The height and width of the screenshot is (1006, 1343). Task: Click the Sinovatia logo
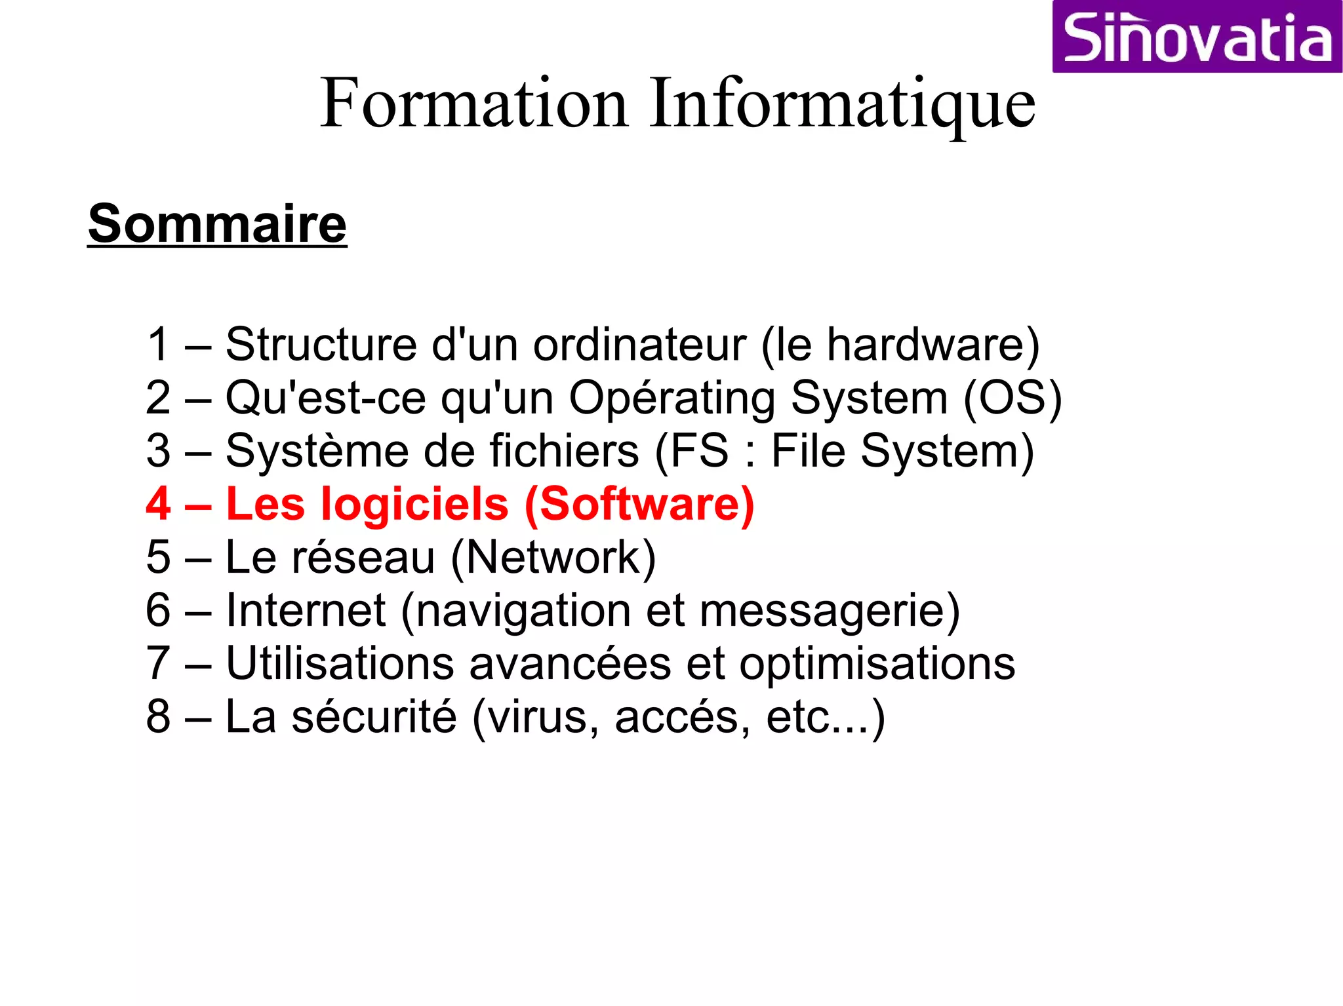1197,37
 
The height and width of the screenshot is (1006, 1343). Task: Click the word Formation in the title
474,104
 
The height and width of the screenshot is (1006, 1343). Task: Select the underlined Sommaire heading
217,224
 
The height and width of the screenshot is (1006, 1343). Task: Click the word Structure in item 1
321,345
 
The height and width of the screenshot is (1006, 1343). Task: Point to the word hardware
925,345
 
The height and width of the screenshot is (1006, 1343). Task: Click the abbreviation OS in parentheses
1012,398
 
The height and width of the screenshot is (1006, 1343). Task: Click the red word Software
639,504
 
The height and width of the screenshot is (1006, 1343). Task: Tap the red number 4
159,504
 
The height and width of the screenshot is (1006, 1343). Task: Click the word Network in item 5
552,558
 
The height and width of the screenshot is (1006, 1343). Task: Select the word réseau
363,558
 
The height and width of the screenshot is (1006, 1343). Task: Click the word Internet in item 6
306,611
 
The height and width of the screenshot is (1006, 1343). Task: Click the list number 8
159,717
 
